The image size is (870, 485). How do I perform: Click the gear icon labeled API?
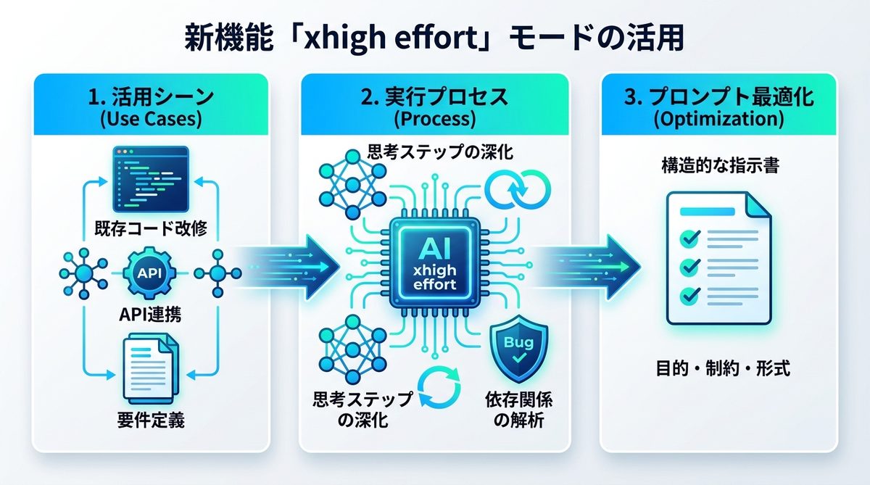click(x=150, y=274)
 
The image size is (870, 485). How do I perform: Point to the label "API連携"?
click(x=150, y=315)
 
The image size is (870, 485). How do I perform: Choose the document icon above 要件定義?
click(x=149, y=367)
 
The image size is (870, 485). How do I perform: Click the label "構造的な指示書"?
click(x=719, y=167)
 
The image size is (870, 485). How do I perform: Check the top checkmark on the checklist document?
click(x=686, y=238)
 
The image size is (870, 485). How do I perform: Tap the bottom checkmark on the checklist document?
click(x=686, y=295)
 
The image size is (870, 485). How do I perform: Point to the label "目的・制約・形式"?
click(x=719, y=369)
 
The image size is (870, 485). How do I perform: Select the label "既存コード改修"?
click(x=151, y=229)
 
